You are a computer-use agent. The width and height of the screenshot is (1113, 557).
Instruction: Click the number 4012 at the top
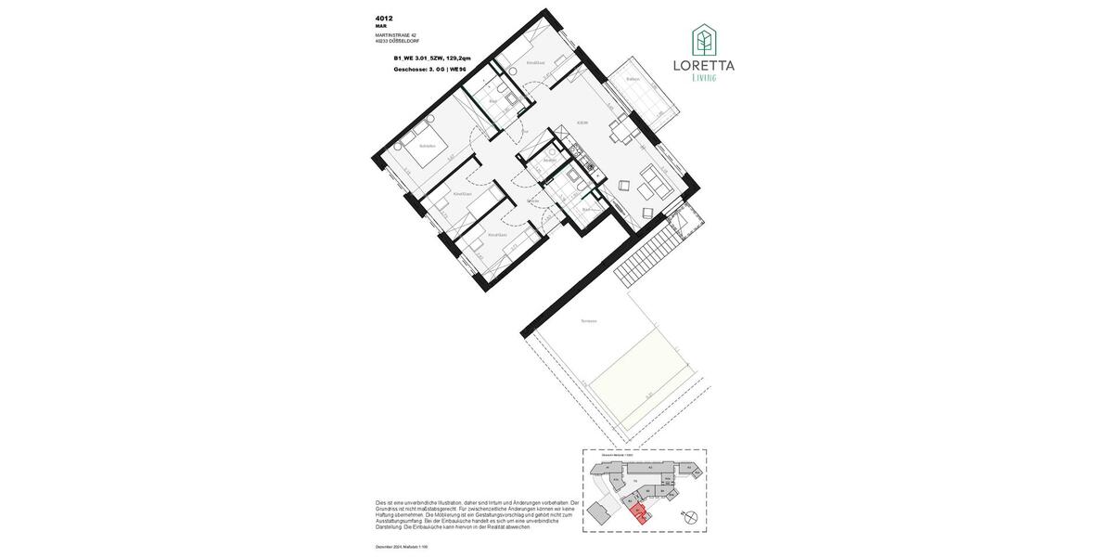pyautogui.click(x=384, y=18)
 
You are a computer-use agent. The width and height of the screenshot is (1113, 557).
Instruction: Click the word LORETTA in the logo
pyautogui.click(x=704, y=66)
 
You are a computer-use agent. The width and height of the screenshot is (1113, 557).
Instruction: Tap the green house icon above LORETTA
pyautogui.click(x=704, y=40)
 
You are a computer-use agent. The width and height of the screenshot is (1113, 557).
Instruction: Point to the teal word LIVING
pyautogui.click(x=704, y=78)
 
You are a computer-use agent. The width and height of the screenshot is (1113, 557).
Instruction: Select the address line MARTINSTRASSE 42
pyautogui.click(x=396, y=35)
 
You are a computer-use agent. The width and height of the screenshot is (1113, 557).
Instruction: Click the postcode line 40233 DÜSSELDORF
pyautogui.click(x=397, y=41)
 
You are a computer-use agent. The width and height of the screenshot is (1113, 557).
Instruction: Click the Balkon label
pyautogui.click(x=633, y=79)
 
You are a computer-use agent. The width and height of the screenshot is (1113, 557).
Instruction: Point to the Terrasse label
pyautogui.click(x=588, y=321)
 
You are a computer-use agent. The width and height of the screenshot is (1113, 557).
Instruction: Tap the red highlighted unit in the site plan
pyautogui.click(x=637, y=512)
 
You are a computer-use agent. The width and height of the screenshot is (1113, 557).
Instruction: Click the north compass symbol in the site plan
pyautogui.click(x=689, y=520)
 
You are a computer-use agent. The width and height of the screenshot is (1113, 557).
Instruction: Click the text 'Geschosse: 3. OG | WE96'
pyautogui.click(x=429, y=69)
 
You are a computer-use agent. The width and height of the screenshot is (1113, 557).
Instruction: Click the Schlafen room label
pyautogui.click(x=427, y=146)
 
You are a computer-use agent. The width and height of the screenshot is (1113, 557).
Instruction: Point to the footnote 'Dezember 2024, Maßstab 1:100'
pyautogui.click(x=403, y=547)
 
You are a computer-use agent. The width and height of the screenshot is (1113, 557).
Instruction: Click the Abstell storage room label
pyautogui.click(x=549, y=160)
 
